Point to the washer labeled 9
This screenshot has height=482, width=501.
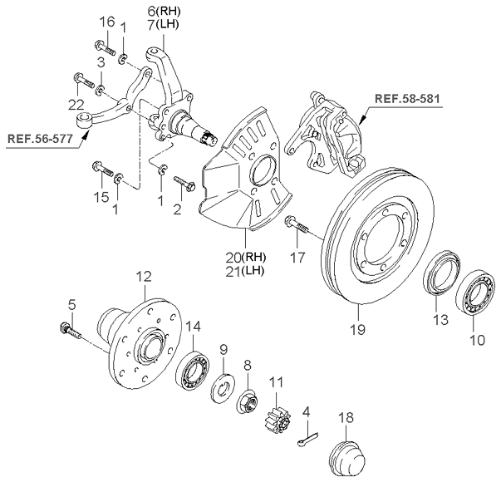pos(223,388)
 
